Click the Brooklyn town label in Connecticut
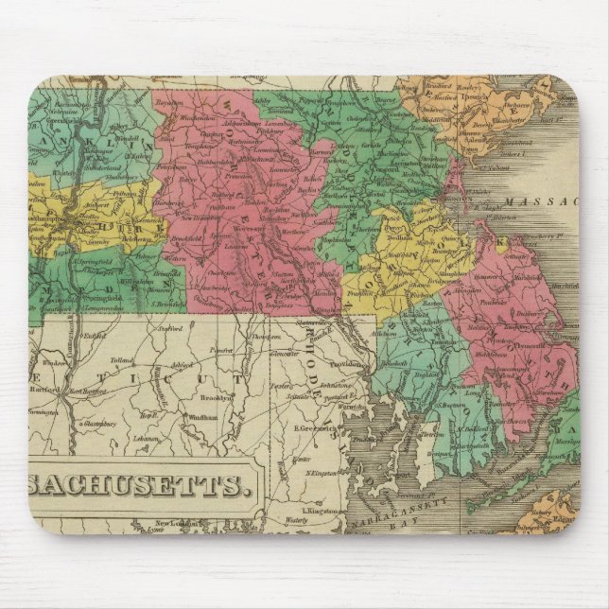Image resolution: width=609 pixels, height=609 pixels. coord(217,398)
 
